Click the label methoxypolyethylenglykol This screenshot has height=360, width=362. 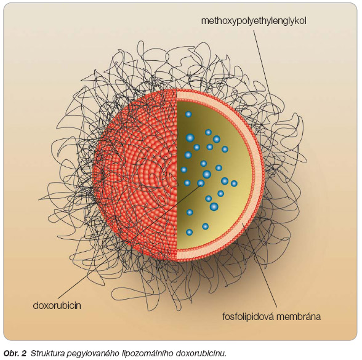pos(254,21)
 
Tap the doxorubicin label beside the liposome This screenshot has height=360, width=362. pos(57,305)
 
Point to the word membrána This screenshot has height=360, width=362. pos(299,316)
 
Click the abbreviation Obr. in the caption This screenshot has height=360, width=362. pos(12,353)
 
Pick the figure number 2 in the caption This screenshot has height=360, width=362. pos(24,353)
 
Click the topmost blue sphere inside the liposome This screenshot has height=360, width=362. pos(188,114)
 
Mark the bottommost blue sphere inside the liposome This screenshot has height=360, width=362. pos(190,232)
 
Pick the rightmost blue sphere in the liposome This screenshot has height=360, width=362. pos(234,183)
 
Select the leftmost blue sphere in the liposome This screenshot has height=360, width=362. pos(183,170)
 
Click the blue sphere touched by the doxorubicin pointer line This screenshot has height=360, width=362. pos(201,183)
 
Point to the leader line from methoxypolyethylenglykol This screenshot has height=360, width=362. pos(264,73)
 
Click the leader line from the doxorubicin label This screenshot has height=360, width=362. pos(129,241)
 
